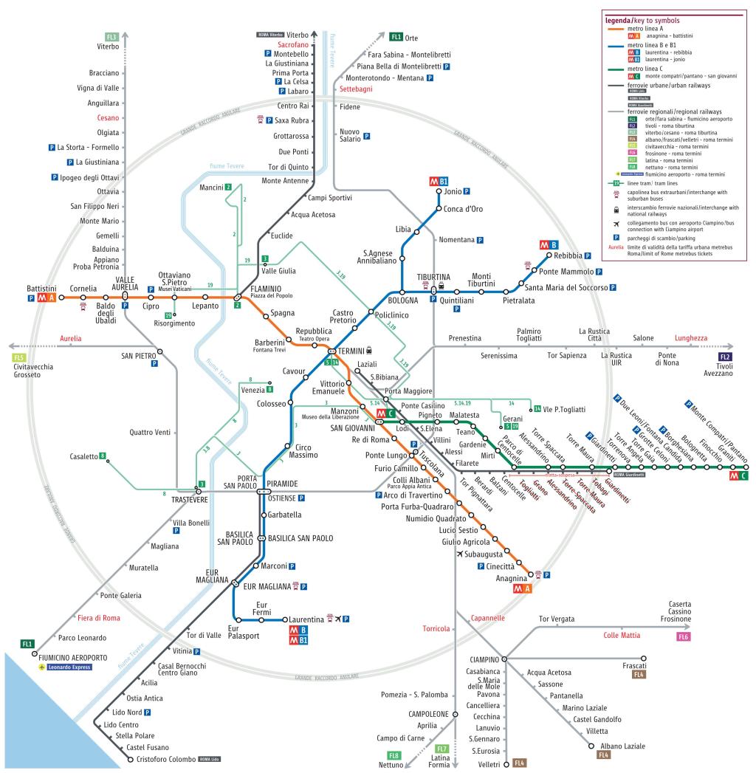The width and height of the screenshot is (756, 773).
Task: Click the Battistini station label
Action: click(41, 287)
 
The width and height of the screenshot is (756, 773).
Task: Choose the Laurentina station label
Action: click(306, 619)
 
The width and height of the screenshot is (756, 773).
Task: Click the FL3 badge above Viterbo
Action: click(111, 36)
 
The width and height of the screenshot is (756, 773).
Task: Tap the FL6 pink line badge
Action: click(683, 636)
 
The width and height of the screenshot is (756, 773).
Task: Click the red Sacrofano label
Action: click(288, 44)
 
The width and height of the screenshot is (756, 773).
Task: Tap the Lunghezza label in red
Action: click(690, 338)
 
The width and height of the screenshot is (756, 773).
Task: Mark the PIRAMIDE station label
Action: click(282, 484)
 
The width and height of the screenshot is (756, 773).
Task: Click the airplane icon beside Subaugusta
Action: click(461, 554)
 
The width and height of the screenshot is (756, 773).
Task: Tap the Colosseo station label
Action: click(271, 404)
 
